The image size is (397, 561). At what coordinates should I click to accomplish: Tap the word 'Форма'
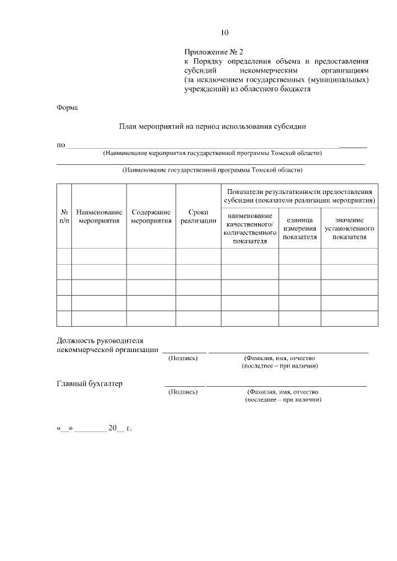coord(67,108)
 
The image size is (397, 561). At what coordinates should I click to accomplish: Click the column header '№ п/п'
coord(64,216)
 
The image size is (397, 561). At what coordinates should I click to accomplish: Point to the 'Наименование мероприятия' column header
coord(99,216)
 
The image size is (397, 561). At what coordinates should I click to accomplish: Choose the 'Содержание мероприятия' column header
coord(151,216)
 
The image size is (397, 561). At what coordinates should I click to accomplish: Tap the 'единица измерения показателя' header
coord(300,228)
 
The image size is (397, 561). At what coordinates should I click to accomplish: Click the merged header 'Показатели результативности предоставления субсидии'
coord(300,196)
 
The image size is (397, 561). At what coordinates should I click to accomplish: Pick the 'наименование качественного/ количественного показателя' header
coord(249,228)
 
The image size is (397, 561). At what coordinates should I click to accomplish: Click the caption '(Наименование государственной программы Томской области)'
coord(212,169)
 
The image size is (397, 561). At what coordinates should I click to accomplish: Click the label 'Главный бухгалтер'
coord(90,383)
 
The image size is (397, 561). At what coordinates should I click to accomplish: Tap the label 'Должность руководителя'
coord(100,341)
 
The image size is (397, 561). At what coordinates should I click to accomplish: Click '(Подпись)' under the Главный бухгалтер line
coord(183,392)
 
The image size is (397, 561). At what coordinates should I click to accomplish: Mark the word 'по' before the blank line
coord(61,145)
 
